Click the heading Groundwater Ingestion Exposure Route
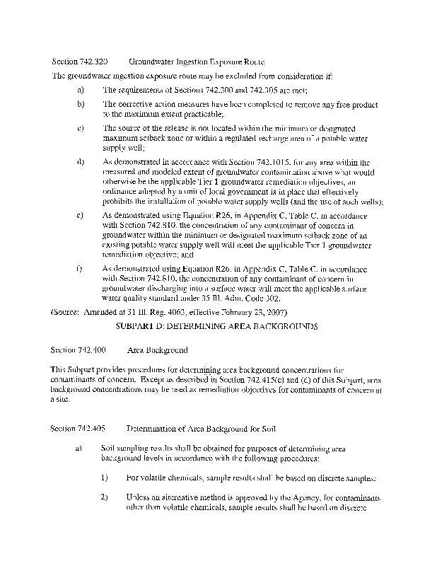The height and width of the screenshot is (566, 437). coord(197,62)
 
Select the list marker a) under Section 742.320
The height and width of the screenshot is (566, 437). coord(81,90)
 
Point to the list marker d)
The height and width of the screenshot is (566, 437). coord(81,162)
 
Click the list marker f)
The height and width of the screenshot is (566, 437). coord(81,268)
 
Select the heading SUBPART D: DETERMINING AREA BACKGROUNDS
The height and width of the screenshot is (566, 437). coord(218,328)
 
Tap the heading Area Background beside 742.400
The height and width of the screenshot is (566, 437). coord(157,350)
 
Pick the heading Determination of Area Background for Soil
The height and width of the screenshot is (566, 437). coord(201,429)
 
